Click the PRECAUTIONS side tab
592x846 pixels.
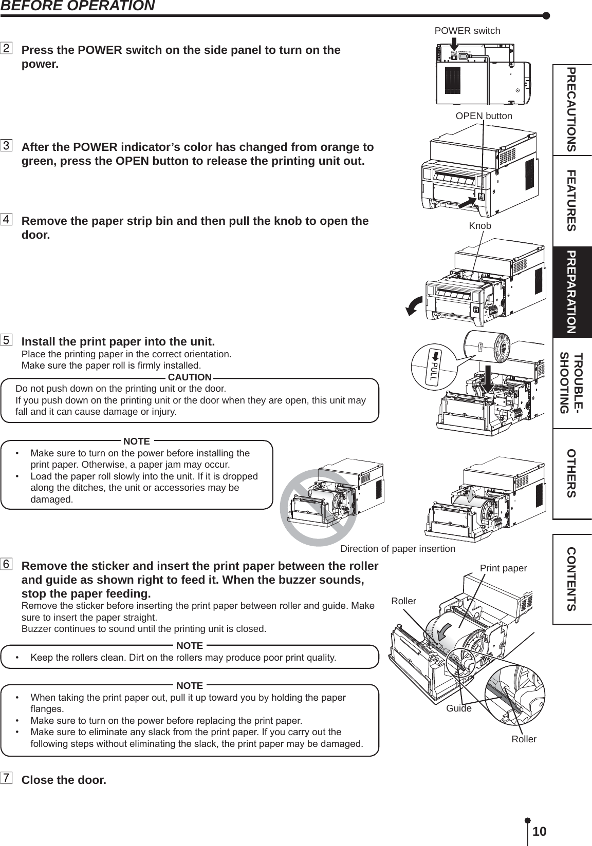[x=571, y=109]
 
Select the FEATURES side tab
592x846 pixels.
[x=571, y=201]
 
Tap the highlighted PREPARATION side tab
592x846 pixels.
[x=571, y=292]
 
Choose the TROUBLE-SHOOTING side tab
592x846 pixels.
[x=571, y=383]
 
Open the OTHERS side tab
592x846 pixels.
[x=571, y=473]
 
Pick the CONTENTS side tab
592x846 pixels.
[x=571, y=579]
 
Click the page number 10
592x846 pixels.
[x=539, y=831]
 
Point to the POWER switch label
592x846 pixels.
[x=467, y=31]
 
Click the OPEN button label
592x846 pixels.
[x=484, y=116]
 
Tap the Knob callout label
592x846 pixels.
[x=480, y=226]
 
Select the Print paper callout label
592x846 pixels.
[x=503, y=568]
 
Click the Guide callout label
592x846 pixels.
[x=458, y=708]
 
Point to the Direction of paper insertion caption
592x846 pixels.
[x=398, y=549]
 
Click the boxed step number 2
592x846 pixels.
[x=7, y=49]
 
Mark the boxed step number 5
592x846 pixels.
[x=7, y=340]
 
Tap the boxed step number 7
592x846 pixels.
[x=7, y=778]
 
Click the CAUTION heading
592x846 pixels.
[x=190, y=378]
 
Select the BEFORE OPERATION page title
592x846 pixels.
[x=77, y=6]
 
